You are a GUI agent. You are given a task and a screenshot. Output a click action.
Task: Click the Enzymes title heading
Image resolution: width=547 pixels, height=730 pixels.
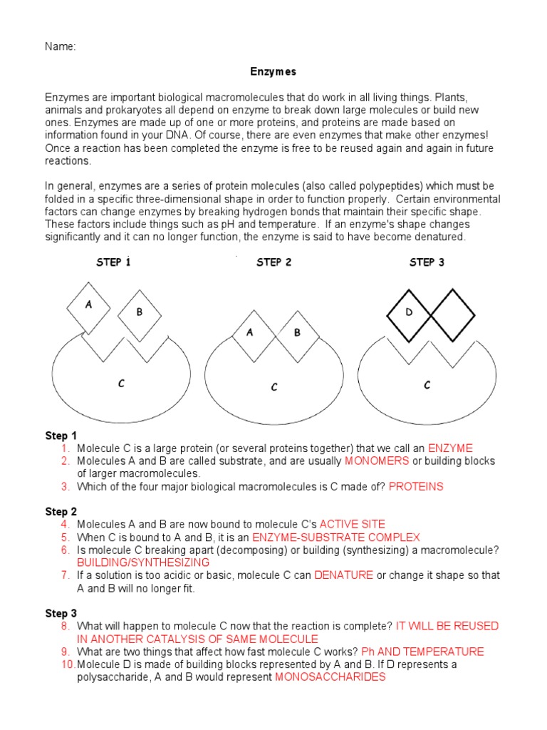[273, 72]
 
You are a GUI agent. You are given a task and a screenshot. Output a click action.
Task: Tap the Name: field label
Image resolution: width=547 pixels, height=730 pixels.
[61, 47]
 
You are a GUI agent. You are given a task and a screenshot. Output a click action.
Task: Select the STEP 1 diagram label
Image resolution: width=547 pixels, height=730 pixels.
[113, 262]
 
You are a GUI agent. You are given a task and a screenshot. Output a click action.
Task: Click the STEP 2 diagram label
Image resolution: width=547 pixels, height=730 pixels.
[273, 262]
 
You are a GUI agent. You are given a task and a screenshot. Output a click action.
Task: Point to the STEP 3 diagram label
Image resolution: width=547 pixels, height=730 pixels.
[427, 262]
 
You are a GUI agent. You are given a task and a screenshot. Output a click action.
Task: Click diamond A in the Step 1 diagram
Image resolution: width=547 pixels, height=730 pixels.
[88, 305]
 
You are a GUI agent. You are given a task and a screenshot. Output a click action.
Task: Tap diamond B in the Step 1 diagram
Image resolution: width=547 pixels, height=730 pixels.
[140, 312]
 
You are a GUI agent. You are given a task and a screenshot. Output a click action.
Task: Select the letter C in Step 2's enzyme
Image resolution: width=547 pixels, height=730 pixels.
[274, 387]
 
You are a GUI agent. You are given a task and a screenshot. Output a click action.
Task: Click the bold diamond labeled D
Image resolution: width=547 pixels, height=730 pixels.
[409, 312]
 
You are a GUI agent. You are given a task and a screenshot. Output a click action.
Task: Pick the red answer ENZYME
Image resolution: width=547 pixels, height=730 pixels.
[450, 448]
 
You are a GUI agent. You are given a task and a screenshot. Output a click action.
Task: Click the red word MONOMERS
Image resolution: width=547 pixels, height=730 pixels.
[377, 461]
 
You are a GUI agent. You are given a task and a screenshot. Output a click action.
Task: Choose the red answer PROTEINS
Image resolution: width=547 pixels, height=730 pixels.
[416, 487]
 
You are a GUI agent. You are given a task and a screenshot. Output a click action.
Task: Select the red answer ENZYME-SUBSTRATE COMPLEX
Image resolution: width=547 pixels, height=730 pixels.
[336, 538]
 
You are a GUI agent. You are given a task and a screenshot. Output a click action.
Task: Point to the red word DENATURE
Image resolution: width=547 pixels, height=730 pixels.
[343, 575]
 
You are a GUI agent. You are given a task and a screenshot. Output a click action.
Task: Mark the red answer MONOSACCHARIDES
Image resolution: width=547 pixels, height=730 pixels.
[330, 677]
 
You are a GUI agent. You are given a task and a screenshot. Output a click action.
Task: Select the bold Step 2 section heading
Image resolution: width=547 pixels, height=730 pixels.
[61, 512]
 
